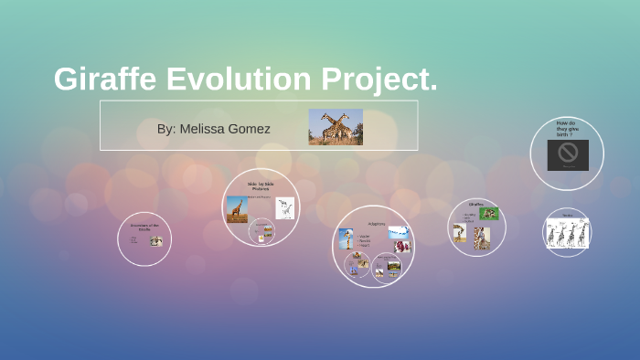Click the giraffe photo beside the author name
336,127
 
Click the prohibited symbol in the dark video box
568,153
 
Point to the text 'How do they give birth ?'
566,127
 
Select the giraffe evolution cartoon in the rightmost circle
567,234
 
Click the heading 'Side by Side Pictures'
261,185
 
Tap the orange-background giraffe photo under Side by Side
237,209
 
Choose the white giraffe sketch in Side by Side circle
285,208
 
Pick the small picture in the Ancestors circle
156,241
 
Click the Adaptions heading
377,223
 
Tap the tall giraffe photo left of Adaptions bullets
347,238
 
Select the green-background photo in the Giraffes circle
489,214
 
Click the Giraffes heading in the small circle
476,205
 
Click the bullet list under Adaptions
366,240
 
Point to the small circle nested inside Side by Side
262,231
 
